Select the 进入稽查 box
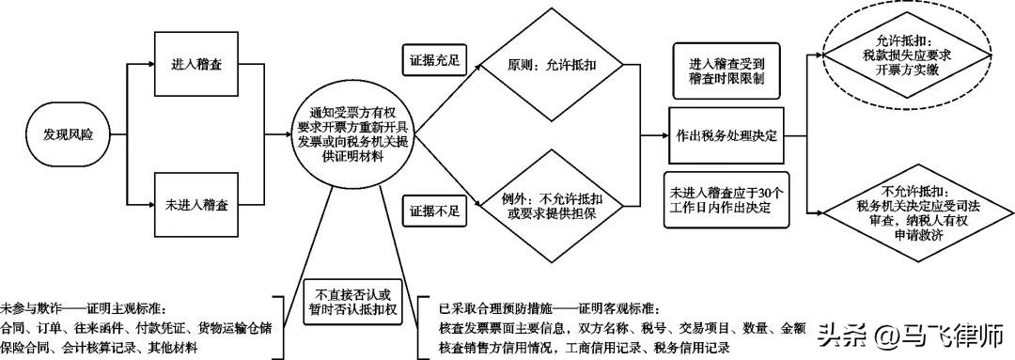[x=195, y=65]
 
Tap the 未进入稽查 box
[x=195, y=204]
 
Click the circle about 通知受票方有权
[x=353, y=136]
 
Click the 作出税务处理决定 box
[x=726, y=136]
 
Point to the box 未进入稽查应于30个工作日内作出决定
[x=726, y=199]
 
